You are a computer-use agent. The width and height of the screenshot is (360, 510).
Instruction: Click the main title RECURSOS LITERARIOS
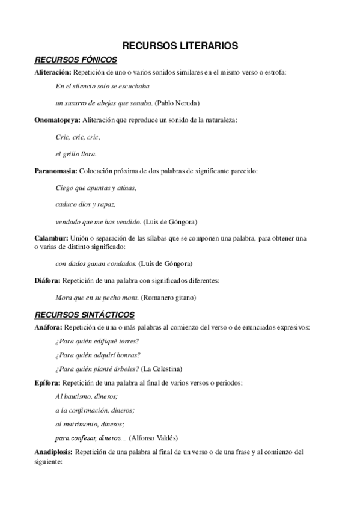coord(180,45)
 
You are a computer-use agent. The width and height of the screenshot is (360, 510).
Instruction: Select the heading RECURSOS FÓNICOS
coord(76,60)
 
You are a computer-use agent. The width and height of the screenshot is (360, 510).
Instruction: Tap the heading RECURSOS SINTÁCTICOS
coord(85,315)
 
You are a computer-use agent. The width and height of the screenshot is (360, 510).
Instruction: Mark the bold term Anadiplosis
coord(53,451)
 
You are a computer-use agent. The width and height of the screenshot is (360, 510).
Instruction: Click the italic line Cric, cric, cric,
coord(78,137)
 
